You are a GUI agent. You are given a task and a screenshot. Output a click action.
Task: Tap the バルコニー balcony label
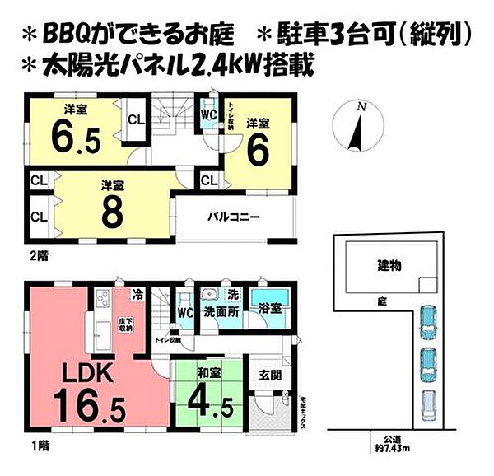coord(234,218)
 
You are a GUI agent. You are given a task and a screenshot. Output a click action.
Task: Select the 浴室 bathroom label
coord(270,310)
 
